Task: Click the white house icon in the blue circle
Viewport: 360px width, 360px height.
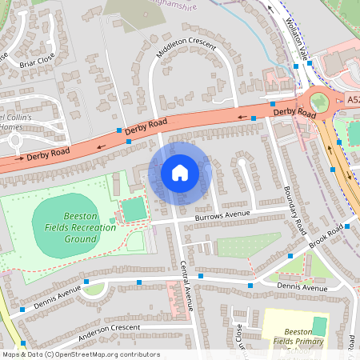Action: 179,172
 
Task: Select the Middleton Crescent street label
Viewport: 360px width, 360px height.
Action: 185,47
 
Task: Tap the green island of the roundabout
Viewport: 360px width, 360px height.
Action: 319,102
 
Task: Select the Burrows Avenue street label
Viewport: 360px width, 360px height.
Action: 224,215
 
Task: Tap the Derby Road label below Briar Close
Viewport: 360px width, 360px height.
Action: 47,154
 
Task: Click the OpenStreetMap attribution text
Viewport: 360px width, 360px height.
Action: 80,354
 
